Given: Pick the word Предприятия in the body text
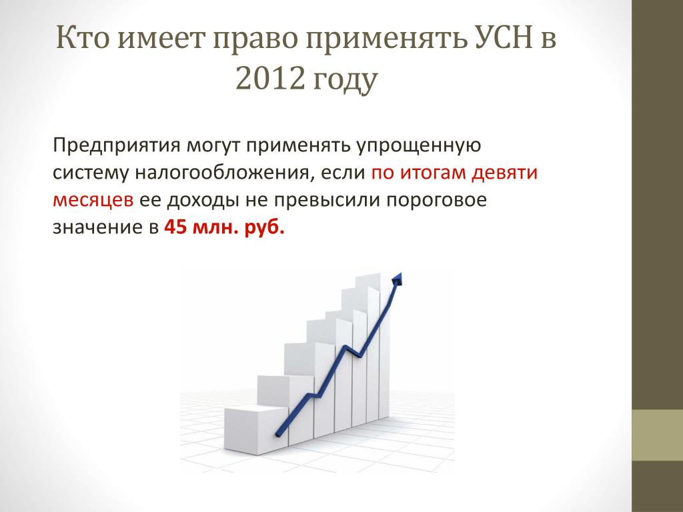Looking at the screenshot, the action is [x=116, y=145].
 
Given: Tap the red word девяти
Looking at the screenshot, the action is [x=506, y=173].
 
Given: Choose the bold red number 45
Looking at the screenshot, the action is [x=175, y=227].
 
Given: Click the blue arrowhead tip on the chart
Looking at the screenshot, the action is [x=400, y=273].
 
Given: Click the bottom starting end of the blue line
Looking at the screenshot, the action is [x=277, y=435].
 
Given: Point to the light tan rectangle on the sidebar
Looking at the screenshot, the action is [x=657, y=435].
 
